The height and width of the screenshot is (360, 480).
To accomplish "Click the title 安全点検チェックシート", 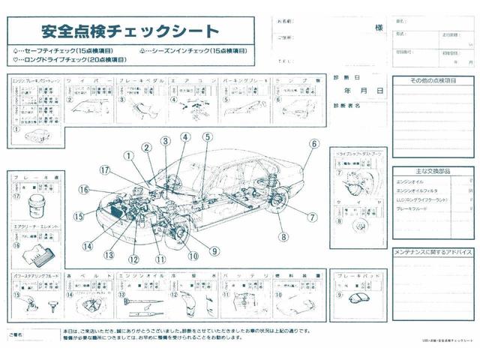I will (x=130, y=31).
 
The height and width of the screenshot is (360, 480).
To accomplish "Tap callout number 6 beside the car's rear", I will (x=314, y=144).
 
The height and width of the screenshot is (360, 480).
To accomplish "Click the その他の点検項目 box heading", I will (x=433, y=79).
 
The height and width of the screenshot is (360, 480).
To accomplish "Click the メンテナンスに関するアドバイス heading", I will (x=433, y=252).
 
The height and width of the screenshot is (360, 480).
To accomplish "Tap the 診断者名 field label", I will (x=347, y=106).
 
